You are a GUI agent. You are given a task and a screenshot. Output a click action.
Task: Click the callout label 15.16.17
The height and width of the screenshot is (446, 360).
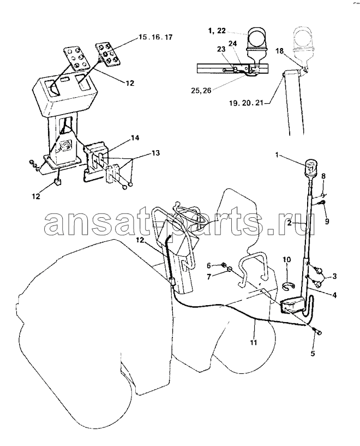tap(155, 37)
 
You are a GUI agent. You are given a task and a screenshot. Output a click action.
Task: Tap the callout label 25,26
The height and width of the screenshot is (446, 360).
tap(201, 91)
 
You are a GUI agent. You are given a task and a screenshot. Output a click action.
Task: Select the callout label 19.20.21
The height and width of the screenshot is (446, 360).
tap(247, 103)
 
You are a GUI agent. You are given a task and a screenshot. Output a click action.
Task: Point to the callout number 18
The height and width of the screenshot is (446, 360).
tap(280, 51)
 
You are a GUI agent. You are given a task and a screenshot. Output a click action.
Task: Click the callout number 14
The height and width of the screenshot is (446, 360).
tap(135, 138)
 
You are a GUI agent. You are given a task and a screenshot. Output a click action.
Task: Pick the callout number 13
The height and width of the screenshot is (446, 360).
tap(155, 153)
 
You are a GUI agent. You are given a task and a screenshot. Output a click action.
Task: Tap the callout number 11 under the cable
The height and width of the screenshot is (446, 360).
tap(254, 342)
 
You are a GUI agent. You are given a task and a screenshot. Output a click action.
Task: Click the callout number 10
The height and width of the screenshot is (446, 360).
tap(287, 259)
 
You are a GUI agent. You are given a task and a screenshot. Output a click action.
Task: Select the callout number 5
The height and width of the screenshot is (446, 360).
tap(313, 354)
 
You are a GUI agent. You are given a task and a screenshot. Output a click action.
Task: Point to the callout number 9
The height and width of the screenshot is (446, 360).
tap(327, 221)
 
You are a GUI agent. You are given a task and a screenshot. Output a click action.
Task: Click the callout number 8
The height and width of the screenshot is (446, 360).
tap(323, 176)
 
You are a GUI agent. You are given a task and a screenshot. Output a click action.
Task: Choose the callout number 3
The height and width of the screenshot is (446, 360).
tap(334, 276)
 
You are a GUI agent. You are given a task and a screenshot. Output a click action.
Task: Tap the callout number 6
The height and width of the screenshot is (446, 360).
tap(209, 266)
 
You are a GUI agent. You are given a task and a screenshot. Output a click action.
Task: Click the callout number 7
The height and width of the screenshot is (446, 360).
tap(209, 276)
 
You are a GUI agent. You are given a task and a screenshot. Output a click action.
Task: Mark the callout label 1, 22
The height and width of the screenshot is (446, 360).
tap(217, 31)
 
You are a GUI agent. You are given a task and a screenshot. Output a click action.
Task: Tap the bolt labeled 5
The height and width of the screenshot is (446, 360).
tap(317, 331)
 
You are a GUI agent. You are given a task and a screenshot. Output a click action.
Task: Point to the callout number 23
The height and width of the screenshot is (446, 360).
tap(221, 49)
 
